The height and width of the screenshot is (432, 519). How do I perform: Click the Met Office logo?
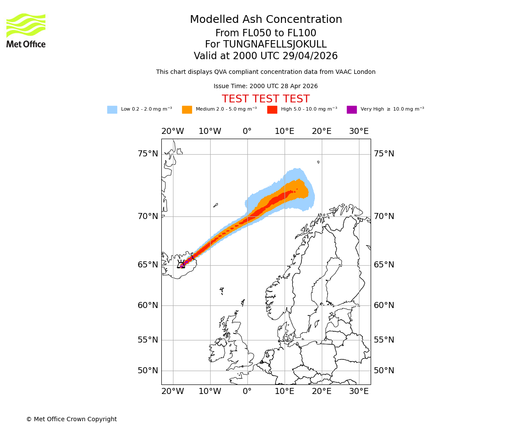pos(26,30)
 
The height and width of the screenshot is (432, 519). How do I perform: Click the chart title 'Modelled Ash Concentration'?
pos(266,19)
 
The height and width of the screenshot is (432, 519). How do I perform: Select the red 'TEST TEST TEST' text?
pos(266,99)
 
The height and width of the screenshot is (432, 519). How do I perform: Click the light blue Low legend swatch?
pos(112,110)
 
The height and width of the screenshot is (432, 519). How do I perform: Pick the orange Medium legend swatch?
pos(187,110)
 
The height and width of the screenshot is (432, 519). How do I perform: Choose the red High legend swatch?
pos(272,110)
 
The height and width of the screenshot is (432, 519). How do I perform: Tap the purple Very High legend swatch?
pos(352,110)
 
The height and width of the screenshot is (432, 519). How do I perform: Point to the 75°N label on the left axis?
pos(148,154)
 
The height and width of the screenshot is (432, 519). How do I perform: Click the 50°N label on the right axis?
pos(384,371)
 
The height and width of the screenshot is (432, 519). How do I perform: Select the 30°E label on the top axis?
pos(359,131)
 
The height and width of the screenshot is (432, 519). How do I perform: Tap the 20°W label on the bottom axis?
pos(173,391)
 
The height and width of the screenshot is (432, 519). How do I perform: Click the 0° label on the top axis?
pos(247,131)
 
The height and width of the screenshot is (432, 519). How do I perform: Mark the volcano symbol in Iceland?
pos(181,264)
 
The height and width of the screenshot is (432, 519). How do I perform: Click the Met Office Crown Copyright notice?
pos(71,419)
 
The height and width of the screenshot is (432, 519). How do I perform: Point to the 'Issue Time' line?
pos(266,86)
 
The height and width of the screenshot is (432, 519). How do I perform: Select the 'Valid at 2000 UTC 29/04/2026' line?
pos(266,56)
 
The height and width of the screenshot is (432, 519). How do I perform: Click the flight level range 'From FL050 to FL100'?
pos(266,33)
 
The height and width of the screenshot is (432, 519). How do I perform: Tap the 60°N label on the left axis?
pos(148,305)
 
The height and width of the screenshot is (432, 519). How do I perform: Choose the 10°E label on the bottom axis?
pos(285,391)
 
